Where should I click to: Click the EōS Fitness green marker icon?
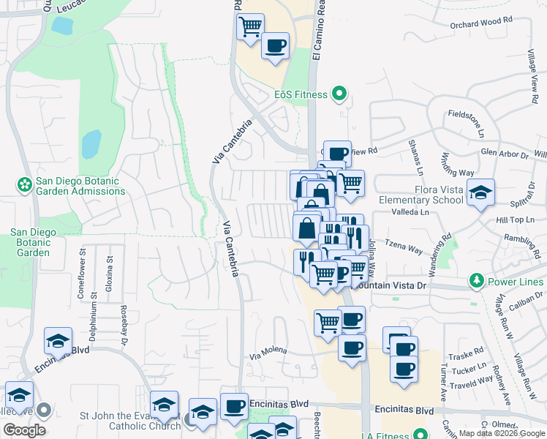click(339, 94)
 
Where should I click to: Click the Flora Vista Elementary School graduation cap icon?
click(480, 193)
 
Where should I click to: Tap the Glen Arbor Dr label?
click(505, 154)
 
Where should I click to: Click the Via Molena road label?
click(268, 351)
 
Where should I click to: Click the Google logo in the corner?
click(24, 429)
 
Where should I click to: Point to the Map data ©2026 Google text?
click(501, 433)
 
